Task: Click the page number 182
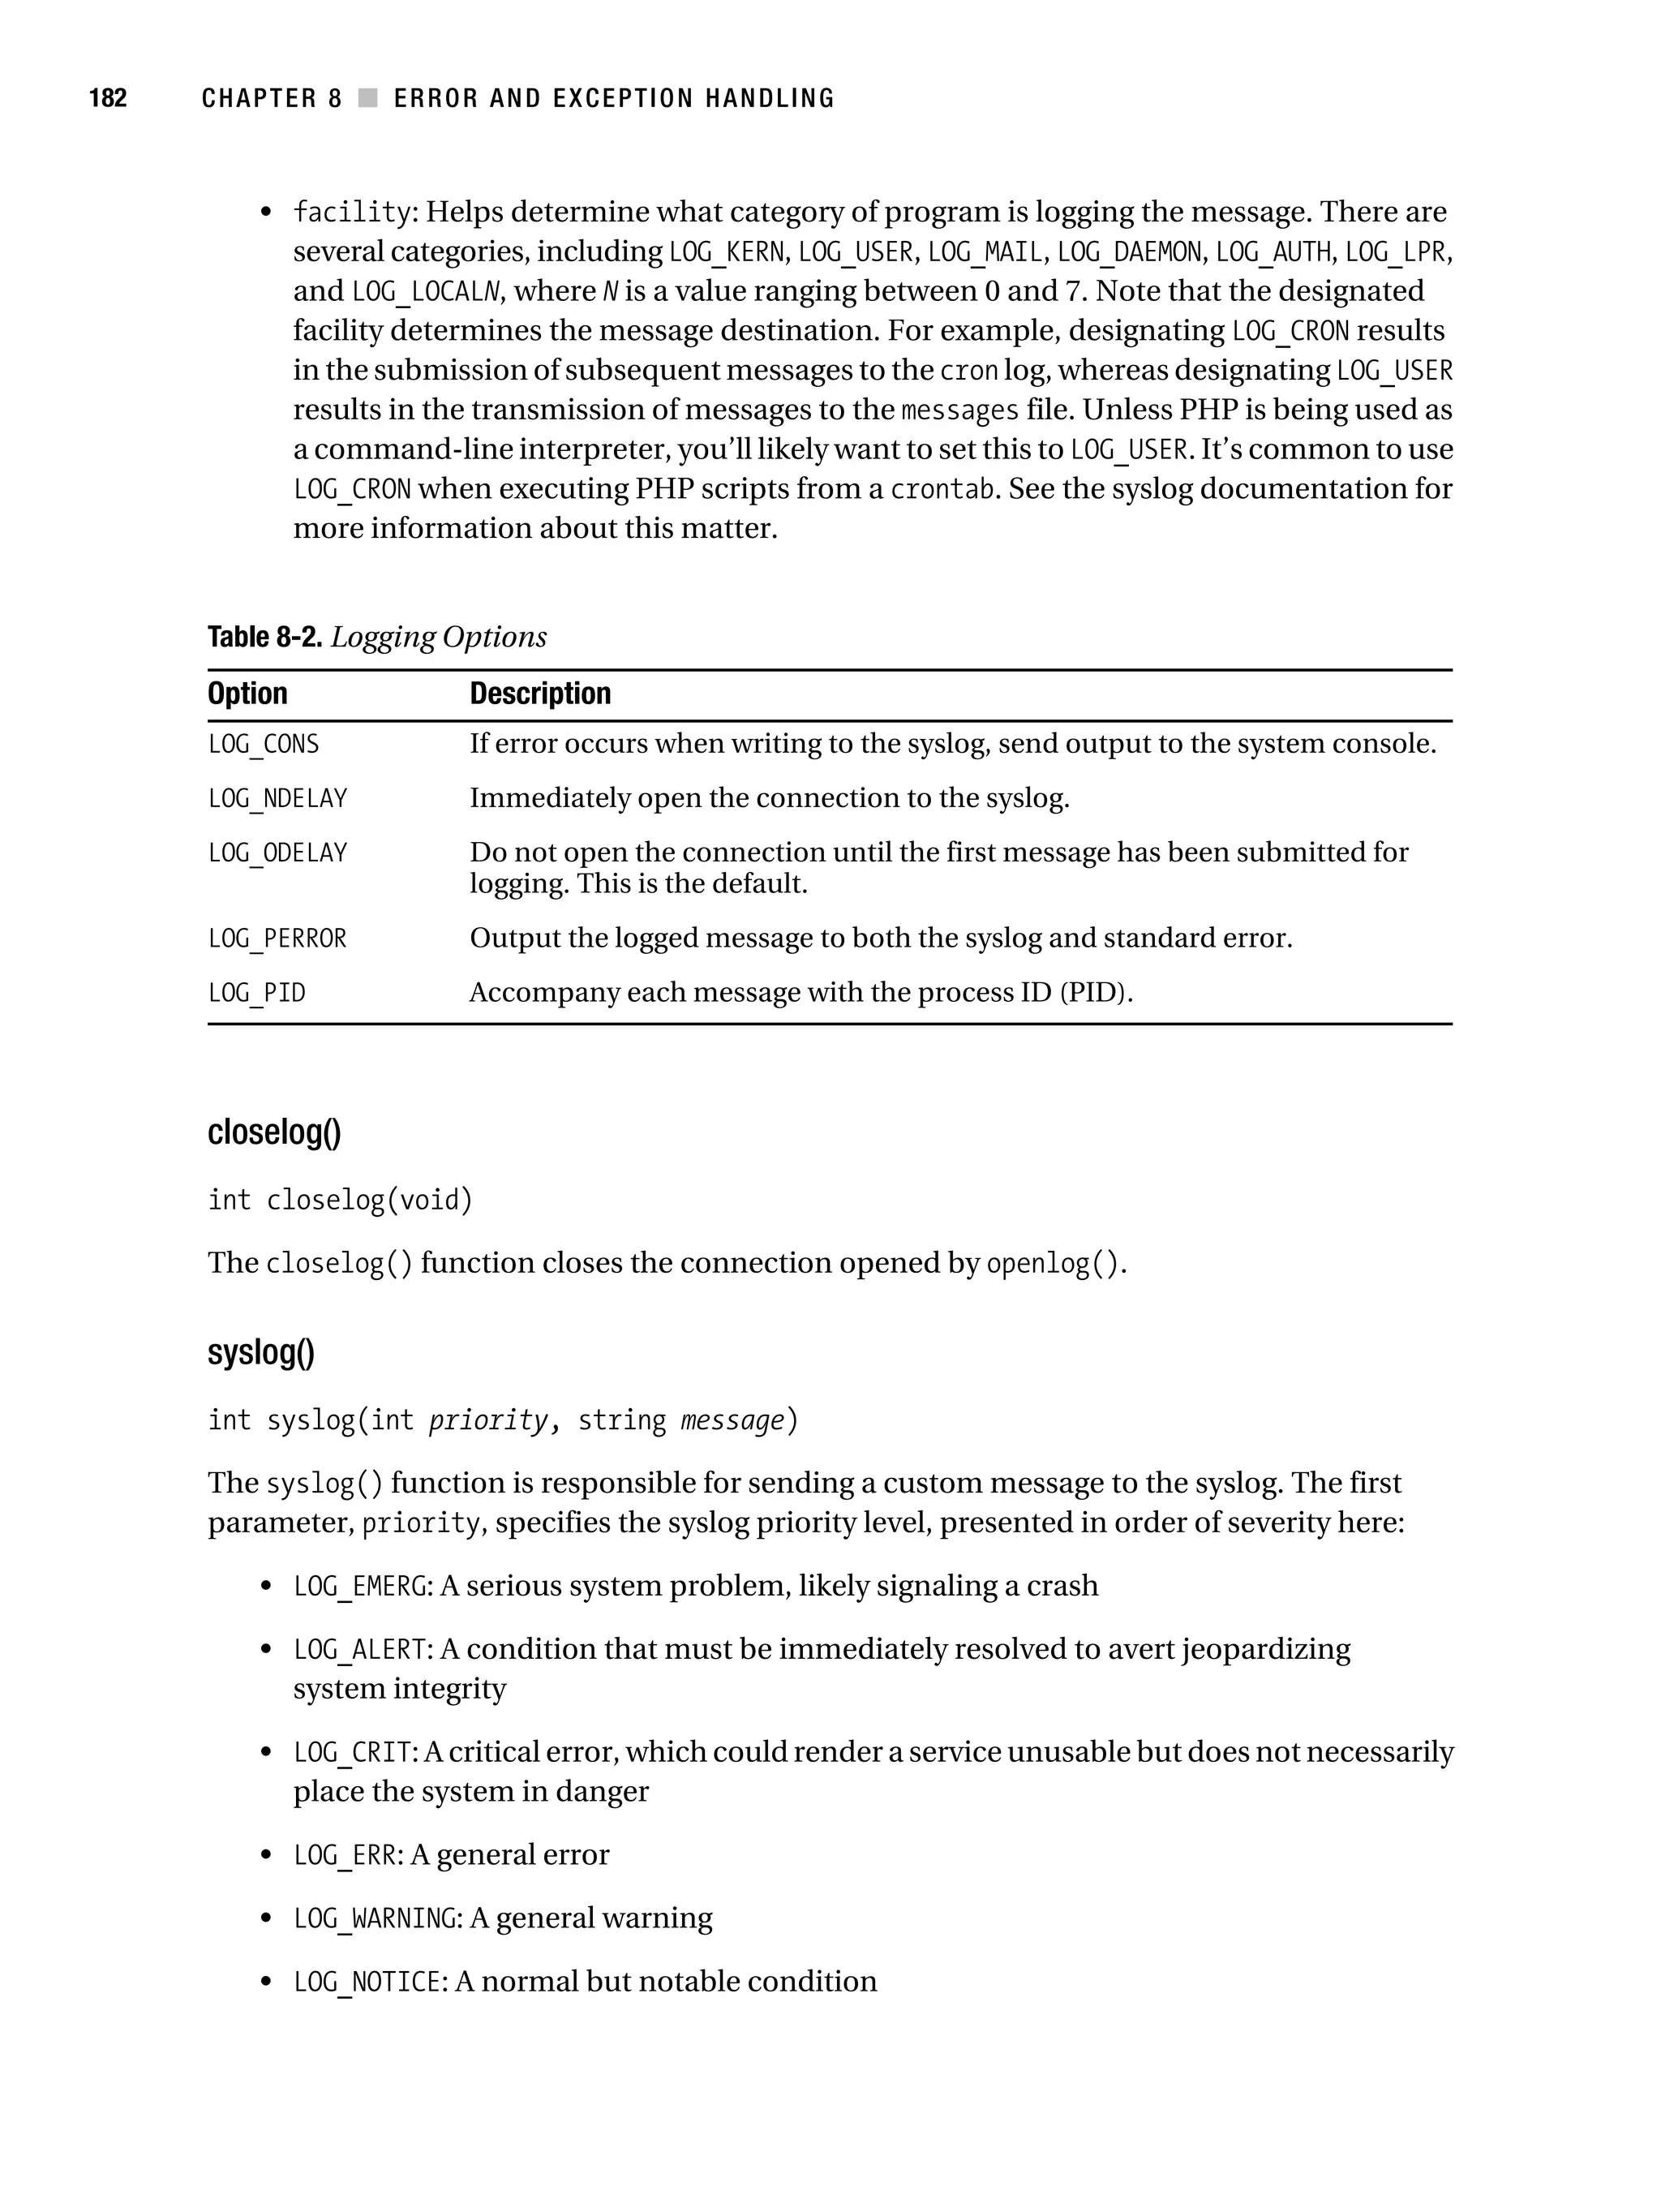pyautogui.click(x=108, y=98)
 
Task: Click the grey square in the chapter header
pyautogui.click(x=367, y=98)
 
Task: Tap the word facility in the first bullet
pyautogui.click(x=351, y=213)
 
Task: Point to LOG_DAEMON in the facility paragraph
pyautogui.click(x=1129, y=252)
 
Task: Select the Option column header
pyautogui.click(x=247, y=694)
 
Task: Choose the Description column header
pyautogui.click(x=540, y=694)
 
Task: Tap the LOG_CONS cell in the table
pyautogui.click(x=263, y=744)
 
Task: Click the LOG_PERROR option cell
pyautogui.click(x=277, y=939)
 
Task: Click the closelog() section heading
pyautogui.click(x=274, y=1132)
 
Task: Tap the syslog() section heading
pyautogui.click(x=261, y=1352)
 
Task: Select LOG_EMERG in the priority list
pyautogui.click(x=359, y=1587)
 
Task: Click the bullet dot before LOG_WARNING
pyautogui.click(x=265, y=1919)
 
